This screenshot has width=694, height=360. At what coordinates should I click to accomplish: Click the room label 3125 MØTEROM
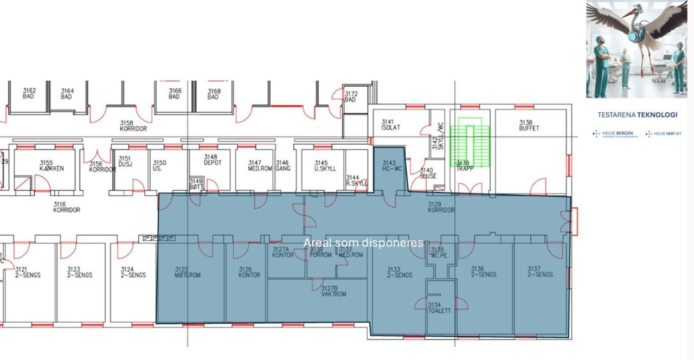tap(188, 272)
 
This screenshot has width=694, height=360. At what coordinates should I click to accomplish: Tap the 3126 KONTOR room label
tap(249, 272)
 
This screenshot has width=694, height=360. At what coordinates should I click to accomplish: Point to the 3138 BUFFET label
tap(529, 125)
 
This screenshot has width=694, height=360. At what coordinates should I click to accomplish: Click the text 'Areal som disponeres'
tap(363, 242)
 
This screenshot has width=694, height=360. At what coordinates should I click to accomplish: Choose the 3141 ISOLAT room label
tap(390, 125)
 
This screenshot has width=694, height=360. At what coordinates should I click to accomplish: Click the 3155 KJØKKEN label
tap(52, 165)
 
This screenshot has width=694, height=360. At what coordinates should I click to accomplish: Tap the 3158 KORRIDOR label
tap(133, 126)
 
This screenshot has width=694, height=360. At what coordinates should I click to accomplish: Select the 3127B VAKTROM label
tap(333, 291)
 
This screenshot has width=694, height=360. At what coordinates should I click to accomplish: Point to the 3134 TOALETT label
tap(439, 307)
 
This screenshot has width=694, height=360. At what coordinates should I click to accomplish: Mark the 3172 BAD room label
tap(351, 97)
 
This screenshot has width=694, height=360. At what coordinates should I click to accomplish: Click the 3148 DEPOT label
tap(213, 159)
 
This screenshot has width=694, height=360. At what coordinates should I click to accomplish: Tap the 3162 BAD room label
tap(29, 93)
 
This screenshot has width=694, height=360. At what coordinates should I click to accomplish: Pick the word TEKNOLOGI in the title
tap(657, 115)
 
